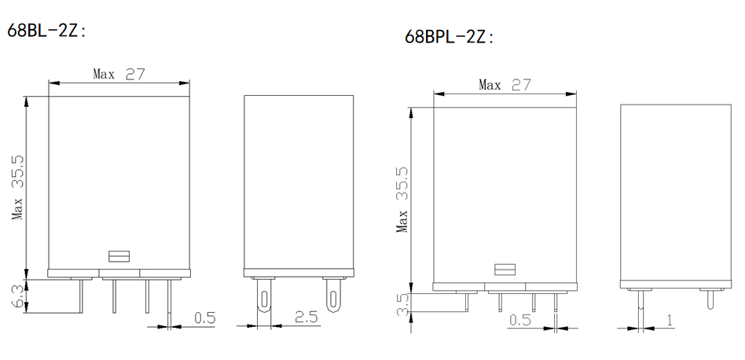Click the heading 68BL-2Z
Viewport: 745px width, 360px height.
pos(47,31)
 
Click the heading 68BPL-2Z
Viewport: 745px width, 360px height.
pos(450,37)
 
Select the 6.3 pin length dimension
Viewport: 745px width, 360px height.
pos(17,296)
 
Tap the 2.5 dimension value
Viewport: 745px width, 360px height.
pos(306,317)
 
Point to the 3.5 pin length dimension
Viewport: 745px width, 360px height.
pos(402,305)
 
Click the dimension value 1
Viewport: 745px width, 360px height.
pos(670,321)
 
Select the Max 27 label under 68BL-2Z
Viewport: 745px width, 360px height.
pos(119,74)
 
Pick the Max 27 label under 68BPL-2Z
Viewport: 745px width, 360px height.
pos(504,85)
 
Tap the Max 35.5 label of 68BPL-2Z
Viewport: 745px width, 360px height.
pos(402,200)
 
